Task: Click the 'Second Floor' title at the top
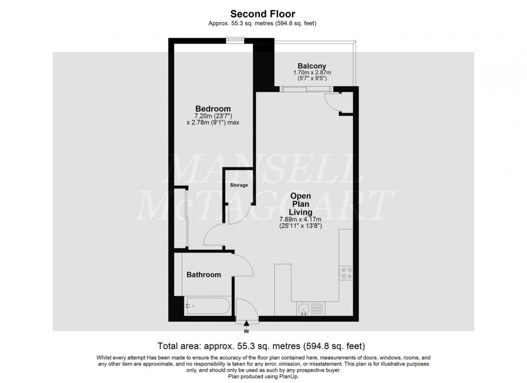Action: tap(263, 13)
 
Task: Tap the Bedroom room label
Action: tap(212, 108)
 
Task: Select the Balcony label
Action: tap(312, 66)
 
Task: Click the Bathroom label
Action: tap(203, 275)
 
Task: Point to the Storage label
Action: tap(239, 185)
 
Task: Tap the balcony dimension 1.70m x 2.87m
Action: tap(312, 73)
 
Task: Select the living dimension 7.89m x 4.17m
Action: tap(300, 219)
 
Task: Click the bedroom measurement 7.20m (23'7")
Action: tap(212, 116)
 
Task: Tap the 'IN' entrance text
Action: tap(246, 331)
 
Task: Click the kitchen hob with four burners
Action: tap(345, 273)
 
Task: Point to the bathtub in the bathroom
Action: tap(207, 306)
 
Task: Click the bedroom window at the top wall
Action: tap(234, 39)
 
